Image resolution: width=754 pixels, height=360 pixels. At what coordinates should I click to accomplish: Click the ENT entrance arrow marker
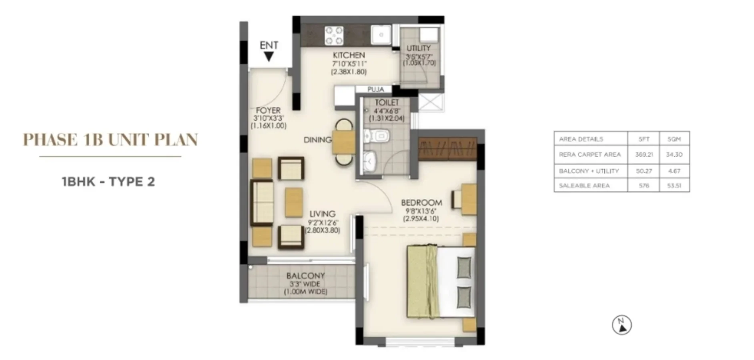[269, 57]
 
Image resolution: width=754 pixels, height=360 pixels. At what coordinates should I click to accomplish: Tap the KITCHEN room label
[349, 55]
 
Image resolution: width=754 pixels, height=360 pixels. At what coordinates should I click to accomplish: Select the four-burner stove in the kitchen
[334, 35]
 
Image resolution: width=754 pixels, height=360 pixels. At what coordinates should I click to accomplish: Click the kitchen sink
[381, 35]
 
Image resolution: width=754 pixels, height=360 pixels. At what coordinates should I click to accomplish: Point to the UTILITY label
[419, 48]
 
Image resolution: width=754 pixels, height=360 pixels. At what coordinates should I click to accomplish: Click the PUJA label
[376, 90]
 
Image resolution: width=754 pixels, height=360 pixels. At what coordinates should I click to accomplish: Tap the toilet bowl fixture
[377, 136]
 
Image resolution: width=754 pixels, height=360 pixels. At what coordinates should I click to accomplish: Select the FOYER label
[268, 110]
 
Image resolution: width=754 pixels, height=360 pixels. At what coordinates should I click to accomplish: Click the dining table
[344, 142]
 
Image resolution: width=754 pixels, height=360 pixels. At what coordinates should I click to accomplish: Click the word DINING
[318, 140]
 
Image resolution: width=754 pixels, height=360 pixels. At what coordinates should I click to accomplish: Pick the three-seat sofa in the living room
[262, 203]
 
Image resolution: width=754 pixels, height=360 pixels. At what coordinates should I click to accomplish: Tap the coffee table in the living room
[294, 202]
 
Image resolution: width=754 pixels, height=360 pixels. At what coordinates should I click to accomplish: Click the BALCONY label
[305, 276]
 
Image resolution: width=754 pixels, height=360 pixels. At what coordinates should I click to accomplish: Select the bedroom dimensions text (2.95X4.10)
[421, 219]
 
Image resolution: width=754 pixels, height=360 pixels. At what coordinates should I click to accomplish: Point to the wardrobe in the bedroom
[448, 149]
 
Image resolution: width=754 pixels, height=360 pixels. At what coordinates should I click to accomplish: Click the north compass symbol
[622, 325]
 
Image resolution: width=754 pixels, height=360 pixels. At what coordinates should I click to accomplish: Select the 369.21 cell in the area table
[644, 154]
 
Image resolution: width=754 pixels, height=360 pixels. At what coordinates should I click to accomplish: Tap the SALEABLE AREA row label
[584, 186]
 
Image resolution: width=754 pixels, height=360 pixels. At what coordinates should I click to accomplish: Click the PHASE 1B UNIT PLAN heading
[110, 140]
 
